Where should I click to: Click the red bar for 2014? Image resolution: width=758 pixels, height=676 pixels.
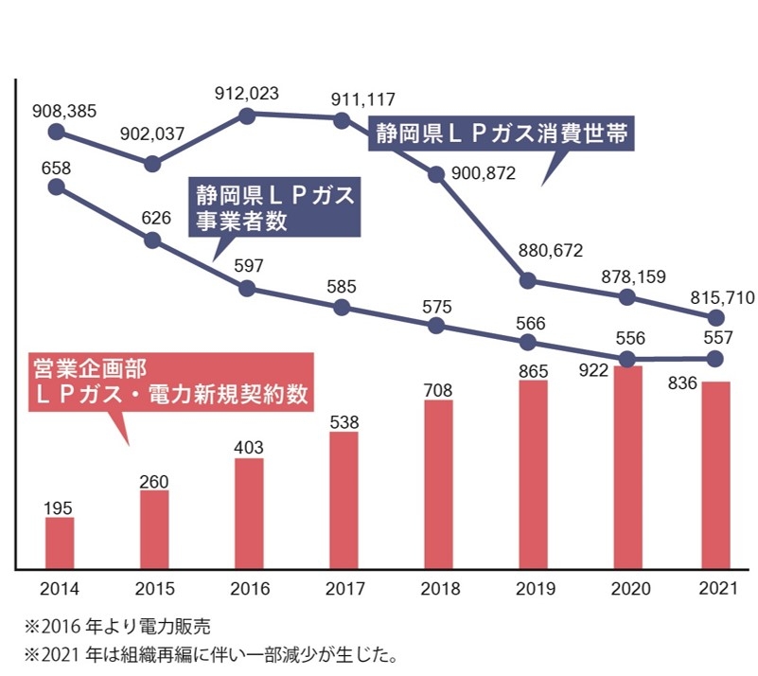[x=59, y=543]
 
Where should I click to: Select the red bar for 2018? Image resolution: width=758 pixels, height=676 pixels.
[x=438, y=484]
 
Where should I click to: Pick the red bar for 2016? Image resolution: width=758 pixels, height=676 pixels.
[x=249, y=513]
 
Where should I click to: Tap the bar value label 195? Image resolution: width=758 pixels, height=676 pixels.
[x=59, y=507]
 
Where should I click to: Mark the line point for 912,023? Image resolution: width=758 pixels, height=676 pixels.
[x=247, y=116]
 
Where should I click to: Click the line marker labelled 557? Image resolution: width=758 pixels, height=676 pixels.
[x=716, y=358]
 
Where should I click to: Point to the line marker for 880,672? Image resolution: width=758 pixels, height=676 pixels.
[x=528, y=280]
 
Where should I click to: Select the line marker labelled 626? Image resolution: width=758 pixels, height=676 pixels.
[x=151, y=240]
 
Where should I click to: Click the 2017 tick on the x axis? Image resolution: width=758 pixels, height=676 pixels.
[x=344, y=589]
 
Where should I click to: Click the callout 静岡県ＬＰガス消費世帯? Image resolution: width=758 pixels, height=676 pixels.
[x=501, y=133]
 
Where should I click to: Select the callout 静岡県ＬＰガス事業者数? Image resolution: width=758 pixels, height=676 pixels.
[x=274, y=209]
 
